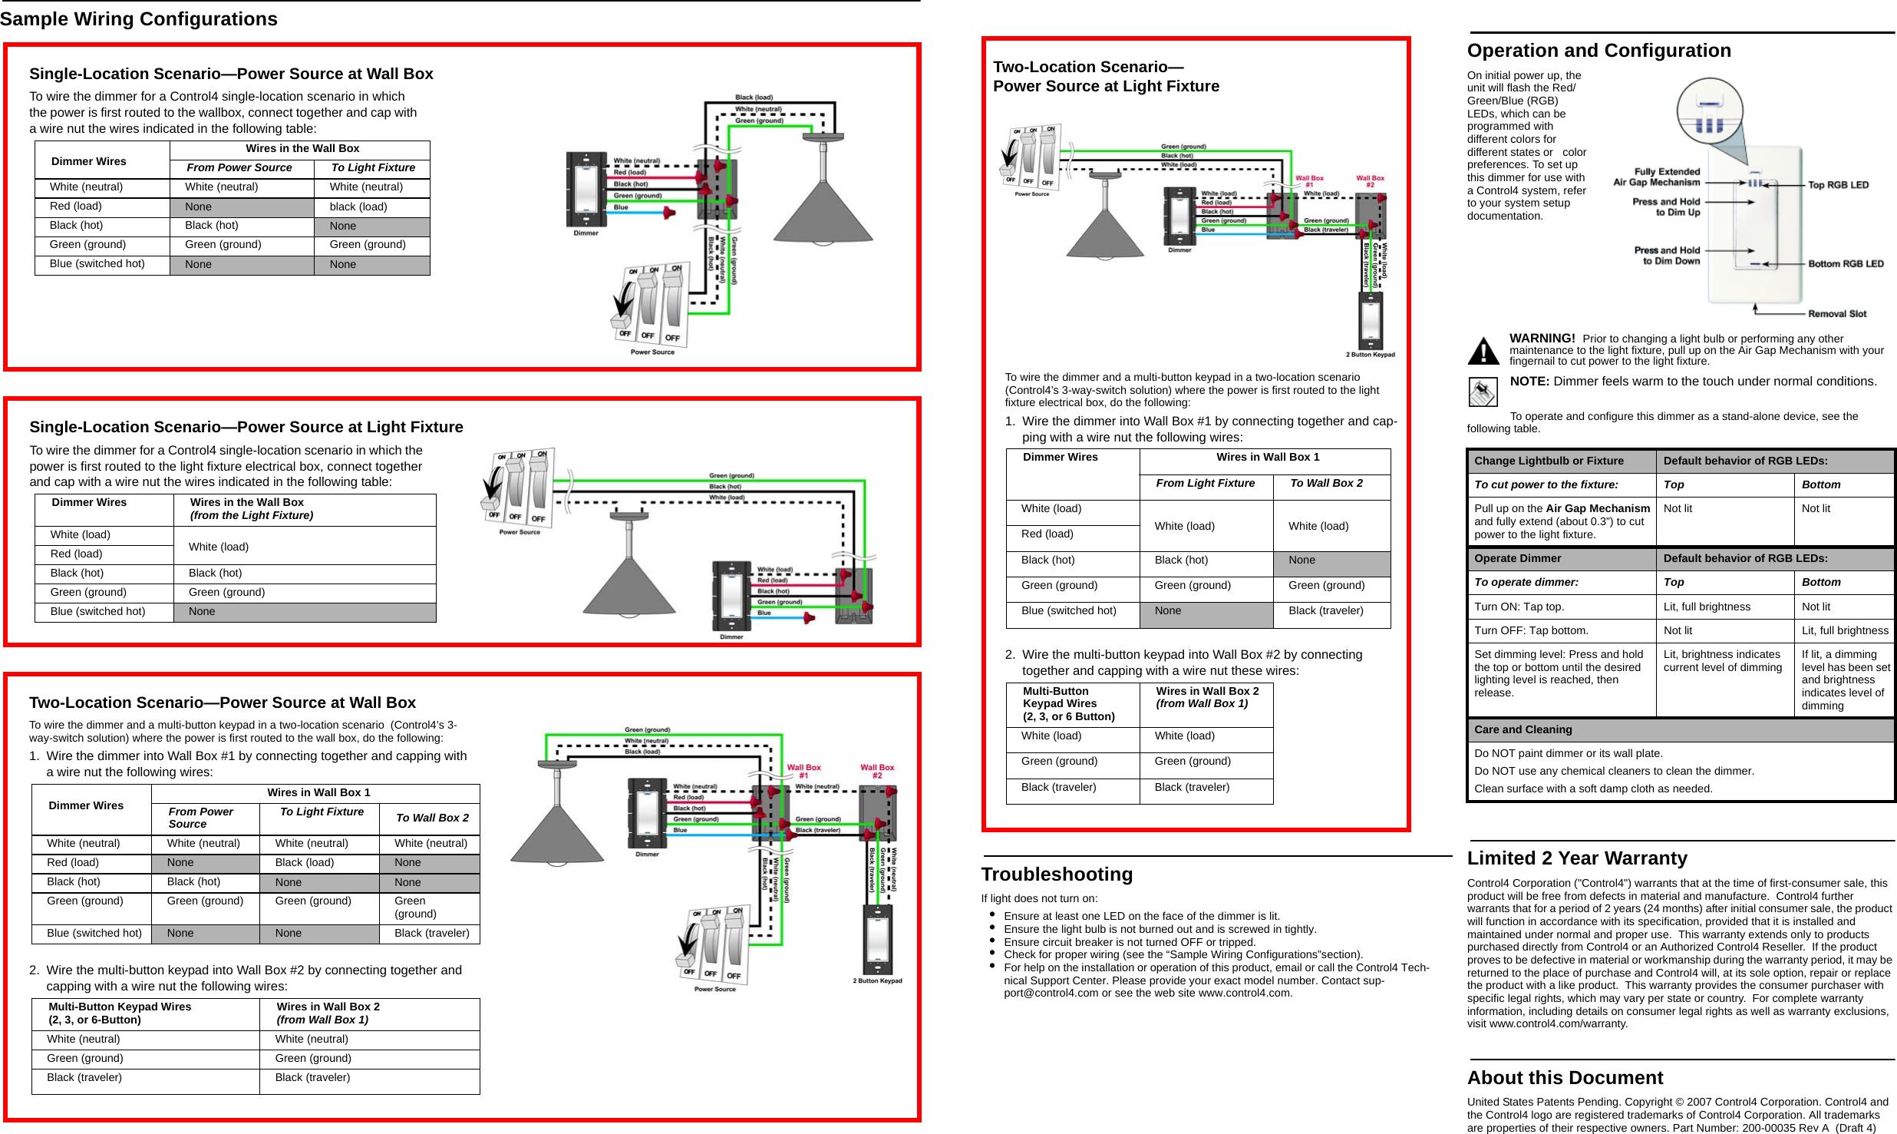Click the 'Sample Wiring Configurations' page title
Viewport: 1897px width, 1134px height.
tap(139, 19)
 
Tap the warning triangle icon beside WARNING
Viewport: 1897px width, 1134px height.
tap(1483, 351)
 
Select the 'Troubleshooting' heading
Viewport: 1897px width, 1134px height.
tap(1056, 874)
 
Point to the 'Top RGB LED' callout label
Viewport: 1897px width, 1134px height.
tap(1838, 185)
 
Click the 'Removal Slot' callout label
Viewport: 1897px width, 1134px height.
tap(1837, 314)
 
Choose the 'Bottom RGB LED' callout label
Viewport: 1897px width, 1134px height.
tap(1846, 264)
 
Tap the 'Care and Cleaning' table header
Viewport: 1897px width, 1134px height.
tap(1523, 729)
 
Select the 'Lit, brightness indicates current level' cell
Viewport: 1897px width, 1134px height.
tap(1723, 661)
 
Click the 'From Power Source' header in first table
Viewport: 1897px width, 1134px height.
tap(239, 167)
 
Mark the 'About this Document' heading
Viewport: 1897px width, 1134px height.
tap(1565, 1078)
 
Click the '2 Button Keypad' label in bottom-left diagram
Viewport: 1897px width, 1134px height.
tap(877, 980)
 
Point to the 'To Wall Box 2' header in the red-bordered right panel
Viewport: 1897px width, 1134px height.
tap(1326, 483)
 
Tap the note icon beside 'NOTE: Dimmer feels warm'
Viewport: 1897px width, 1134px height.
tap(1483, 392)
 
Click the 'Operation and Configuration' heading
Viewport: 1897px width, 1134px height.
tap(1598, 51)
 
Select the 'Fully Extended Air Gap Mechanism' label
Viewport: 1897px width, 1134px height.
tap(1656, 177)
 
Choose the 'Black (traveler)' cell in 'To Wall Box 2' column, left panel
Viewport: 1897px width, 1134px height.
tap(431, 933)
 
